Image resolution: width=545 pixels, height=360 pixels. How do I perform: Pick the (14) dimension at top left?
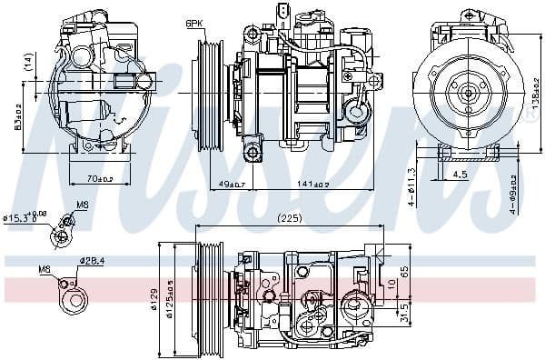point(28,63)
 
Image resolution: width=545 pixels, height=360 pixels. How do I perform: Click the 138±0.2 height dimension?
point(536,92)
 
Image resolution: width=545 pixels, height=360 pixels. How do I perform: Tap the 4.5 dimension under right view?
point(461,174)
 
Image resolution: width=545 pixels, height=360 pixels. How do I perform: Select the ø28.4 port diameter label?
point(92,261)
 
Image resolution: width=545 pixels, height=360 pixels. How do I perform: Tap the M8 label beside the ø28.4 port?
point(45,270)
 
